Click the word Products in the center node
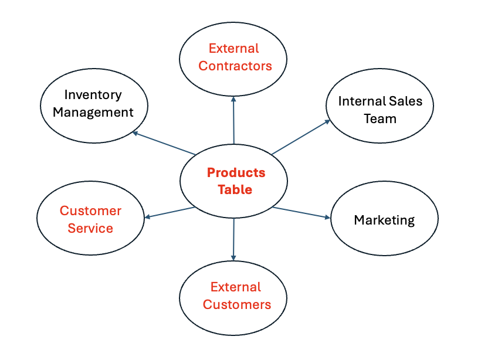point(236,172)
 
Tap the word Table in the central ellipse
point(235,190)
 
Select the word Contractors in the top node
point(235,66)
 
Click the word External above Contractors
point(233,48)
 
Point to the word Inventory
point(93,94)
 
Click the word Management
point(93,112)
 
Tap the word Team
point(380,118)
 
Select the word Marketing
point(384,220)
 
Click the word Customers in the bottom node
point(236,304)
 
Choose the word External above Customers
point(235,287)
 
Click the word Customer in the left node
point(90,210)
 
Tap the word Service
point(90,228)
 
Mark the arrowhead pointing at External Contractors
point(233,99)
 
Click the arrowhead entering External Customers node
point(233,257)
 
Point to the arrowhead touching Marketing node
point(327,218)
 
